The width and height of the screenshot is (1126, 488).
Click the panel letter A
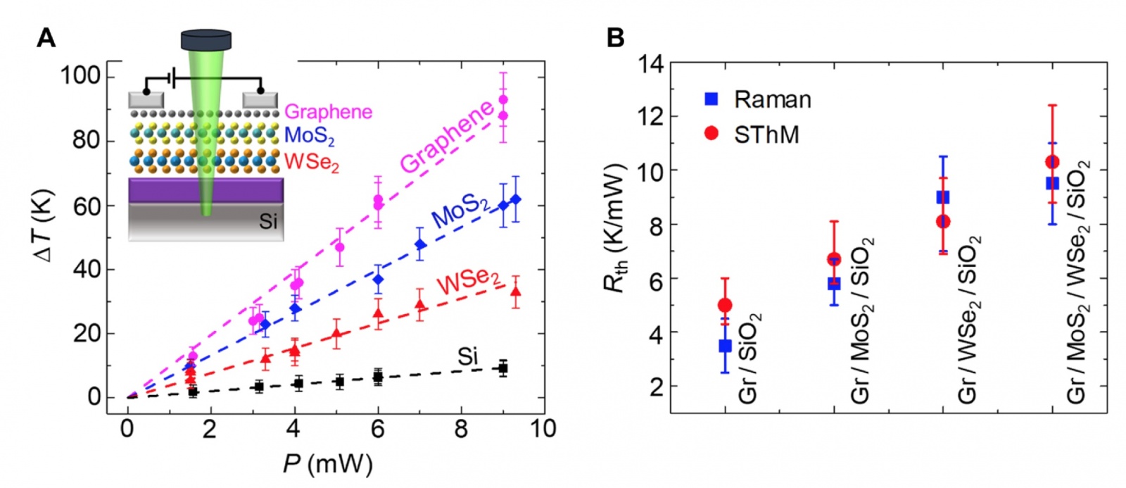46,38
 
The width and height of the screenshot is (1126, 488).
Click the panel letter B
615,38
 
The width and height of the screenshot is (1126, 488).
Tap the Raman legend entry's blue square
711,99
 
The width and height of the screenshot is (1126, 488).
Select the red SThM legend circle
711,132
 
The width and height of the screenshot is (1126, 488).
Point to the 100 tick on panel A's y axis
81,74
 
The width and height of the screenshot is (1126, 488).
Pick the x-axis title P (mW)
327,464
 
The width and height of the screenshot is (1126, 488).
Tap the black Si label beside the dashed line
467,357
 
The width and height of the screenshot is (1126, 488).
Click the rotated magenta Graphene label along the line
448,137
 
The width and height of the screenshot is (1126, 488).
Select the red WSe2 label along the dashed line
468,280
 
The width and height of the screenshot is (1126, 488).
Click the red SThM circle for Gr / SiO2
725,305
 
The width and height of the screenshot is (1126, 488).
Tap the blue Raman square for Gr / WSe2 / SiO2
943,197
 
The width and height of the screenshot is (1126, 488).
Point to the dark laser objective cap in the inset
206,40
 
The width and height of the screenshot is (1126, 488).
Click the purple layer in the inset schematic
205,190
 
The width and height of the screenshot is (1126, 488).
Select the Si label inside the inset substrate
267,221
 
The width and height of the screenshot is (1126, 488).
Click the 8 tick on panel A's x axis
461,429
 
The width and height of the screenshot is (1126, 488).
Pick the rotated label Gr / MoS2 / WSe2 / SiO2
1077,282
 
